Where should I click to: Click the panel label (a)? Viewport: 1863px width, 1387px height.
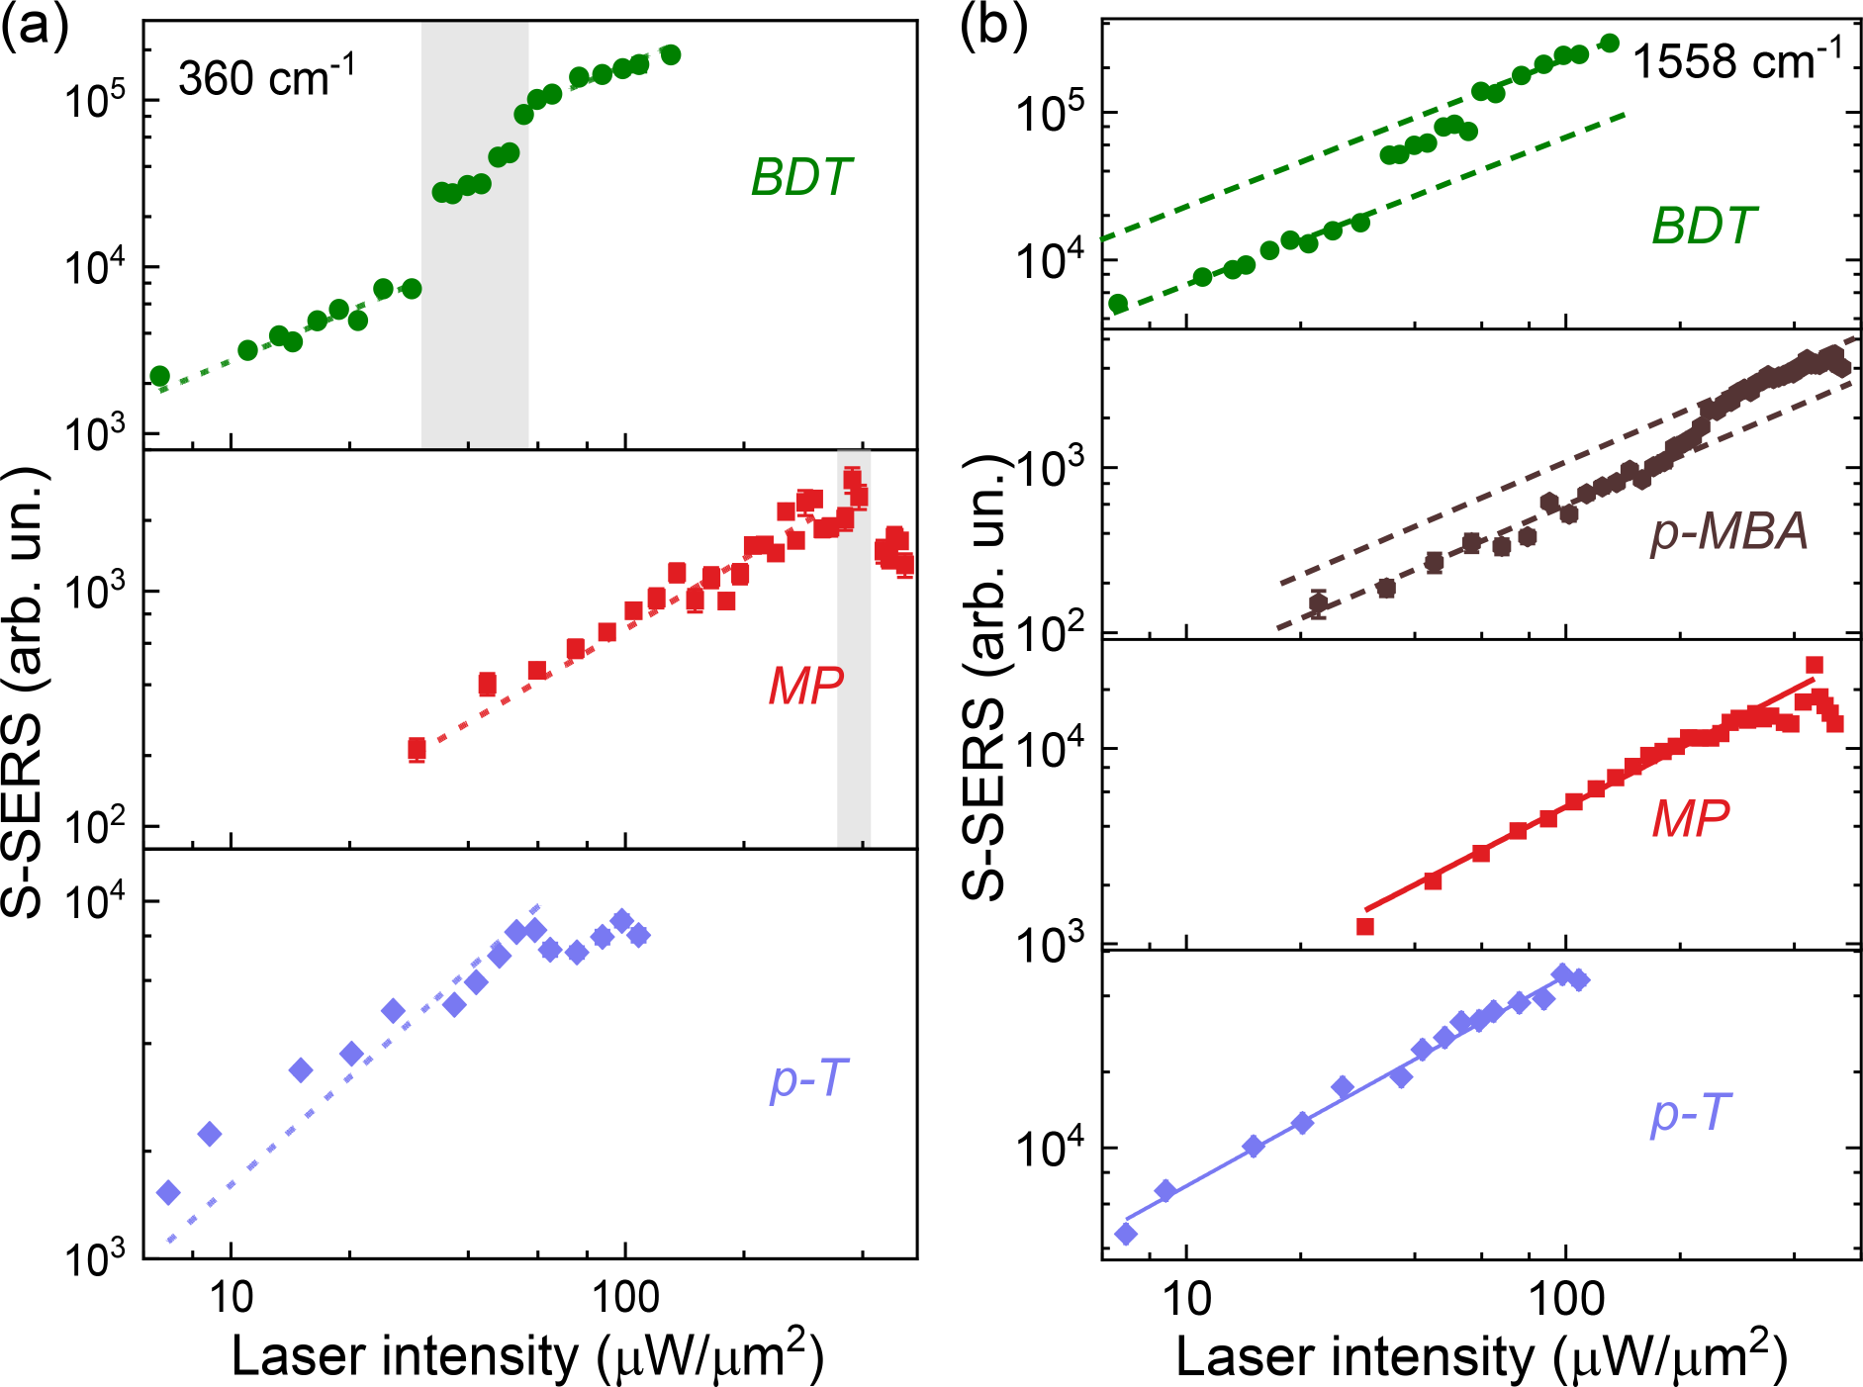tap(34, 28)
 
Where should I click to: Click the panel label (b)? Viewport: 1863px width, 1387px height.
tap(992, 28)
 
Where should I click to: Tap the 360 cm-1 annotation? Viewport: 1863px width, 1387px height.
tap(266, 76)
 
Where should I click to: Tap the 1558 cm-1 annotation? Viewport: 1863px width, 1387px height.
tap(1737, 61)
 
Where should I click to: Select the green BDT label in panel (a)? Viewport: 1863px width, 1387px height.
tap(800, 178)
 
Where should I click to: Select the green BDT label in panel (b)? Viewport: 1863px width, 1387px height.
tap(1704, 227)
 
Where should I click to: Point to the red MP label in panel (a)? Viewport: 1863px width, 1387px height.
tap(805, 686)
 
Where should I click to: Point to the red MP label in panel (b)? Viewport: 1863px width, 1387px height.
tap(1690, 819)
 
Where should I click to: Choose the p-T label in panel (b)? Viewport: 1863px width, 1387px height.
tap(1690, 1114)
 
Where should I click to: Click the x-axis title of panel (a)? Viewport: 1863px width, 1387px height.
tap(527, 1355)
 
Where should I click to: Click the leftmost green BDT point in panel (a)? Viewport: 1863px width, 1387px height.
tap(159, 376)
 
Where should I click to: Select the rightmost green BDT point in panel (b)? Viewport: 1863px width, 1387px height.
tap(1610, 43)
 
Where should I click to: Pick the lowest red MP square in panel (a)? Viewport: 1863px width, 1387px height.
tap(417, 749)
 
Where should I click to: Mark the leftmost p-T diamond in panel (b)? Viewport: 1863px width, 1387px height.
tap(1125, 1234)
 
